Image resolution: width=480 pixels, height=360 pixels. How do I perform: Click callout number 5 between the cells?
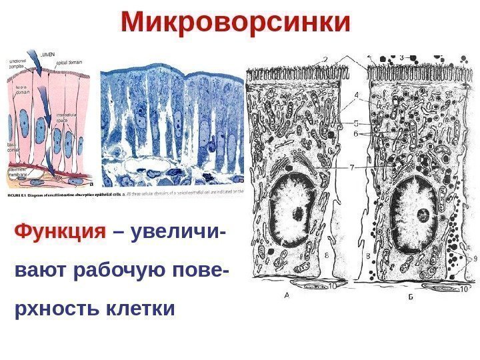click(x=357, y=123)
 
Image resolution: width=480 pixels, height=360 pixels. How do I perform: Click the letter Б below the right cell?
click(x=411, y=297)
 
